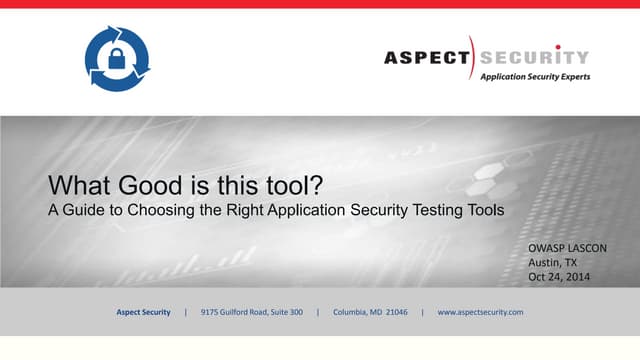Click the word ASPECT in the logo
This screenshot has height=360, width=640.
426,57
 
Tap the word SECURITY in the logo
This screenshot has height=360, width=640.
534,57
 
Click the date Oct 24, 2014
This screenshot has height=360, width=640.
560,277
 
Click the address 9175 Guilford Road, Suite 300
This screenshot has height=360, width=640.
252,313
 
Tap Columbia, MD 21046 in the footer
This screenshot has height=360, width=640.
370,313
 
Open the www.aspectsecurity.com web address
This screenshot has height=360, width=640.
481,313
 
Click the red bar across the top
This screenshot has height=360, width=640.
320,4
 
